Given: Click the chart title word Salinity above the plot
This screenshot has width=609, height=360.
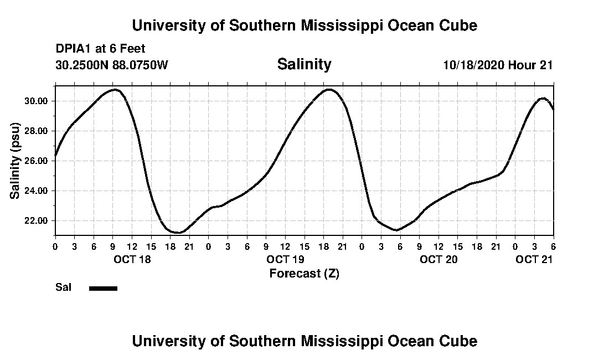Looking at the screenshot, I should (x=304, y=64).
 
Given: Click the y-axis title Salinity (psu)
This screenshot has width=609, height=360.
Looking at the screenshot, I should (x=16, y=162).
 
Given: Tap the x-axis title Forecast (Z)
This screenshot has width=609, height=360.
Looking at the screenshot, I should (x=304, y=273).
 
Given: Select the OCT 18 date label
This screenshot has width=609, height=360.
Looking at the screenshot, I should (x=132, y=259).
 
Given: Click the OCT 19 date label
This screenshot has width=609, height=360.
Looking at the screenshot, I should (x=285, y=259).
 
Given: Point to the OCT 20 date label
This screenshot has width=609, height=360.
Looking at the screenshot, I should (x=438, y=259).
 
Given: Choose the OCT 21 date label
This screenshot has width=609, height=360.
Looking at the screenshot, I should (x=534, y=259).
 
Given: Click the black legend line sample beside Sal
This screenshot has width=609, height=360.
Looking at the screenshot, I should (x=103, y=288).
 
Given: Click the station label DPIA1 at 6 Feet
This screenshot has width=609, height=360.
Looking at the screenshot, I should (x=100, y=49).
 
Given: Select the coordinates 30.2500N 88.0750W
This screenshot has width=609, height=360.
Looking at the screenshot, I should (x=112, y=65).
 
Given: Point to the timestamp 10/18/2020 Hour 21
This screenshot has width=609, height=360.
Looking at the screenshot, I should (x=498, y=65).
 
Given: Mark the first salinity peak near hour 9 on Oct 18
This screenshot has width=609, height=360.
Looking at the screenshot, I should (x=114, y=89).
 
